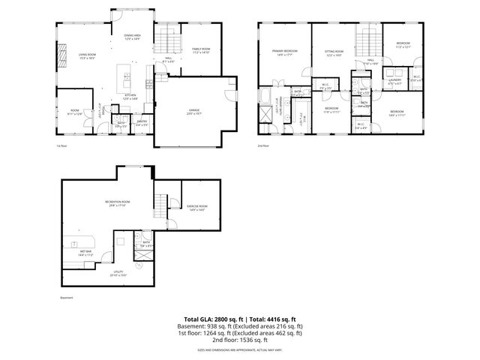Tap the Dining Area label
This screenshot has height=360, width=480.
point(133,37)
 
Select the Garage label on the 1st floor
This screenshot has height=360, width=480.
point(193,112)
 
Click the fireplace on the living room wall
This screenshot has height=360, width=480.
point(61,56)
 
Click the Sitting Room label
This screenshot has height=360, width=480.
point(333,52)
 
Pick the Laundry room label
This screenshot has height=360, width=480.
point(394,83)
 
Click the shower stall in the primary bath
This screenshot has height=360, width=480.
point(266,114)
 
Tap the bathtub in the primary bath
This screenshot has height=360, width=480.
point(265,95)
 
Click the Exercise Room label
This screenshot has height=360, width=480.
point(197,207)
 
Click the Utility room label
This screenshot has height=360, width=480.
point(118,274)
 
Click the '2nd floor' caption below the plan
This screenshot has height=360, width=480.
point(262,145)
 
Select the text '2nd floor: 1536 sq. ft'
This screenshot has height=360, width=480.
point(239,340)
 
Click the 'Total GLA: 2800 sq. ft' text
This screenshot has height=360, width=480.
point(208,319)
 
